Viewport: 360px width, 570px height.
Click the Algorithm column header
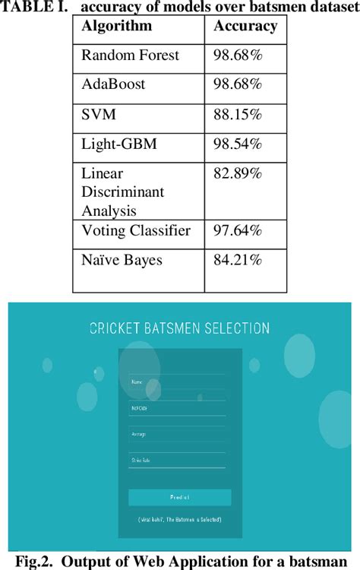pyautogui.click(x=116, y=27)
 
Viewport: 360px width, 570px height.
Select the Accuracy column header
pyautogui.click(x=245, y=27)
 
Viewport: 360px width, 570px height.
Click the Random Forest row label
pyautogui.click(x=130, y=55)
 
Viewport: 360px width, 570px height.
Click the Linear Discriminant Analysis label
pyautogui.click(x=122, y=191)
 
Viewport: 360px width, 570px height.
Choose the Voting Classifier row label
pyautogui.click(x=136, y=231)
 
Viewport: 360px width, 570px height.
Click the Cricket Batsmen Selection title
pyautogui.click(x=179, y=328)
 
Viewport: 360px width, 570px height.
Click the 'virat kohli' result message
pyautogui.click(x=179, y=519)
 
